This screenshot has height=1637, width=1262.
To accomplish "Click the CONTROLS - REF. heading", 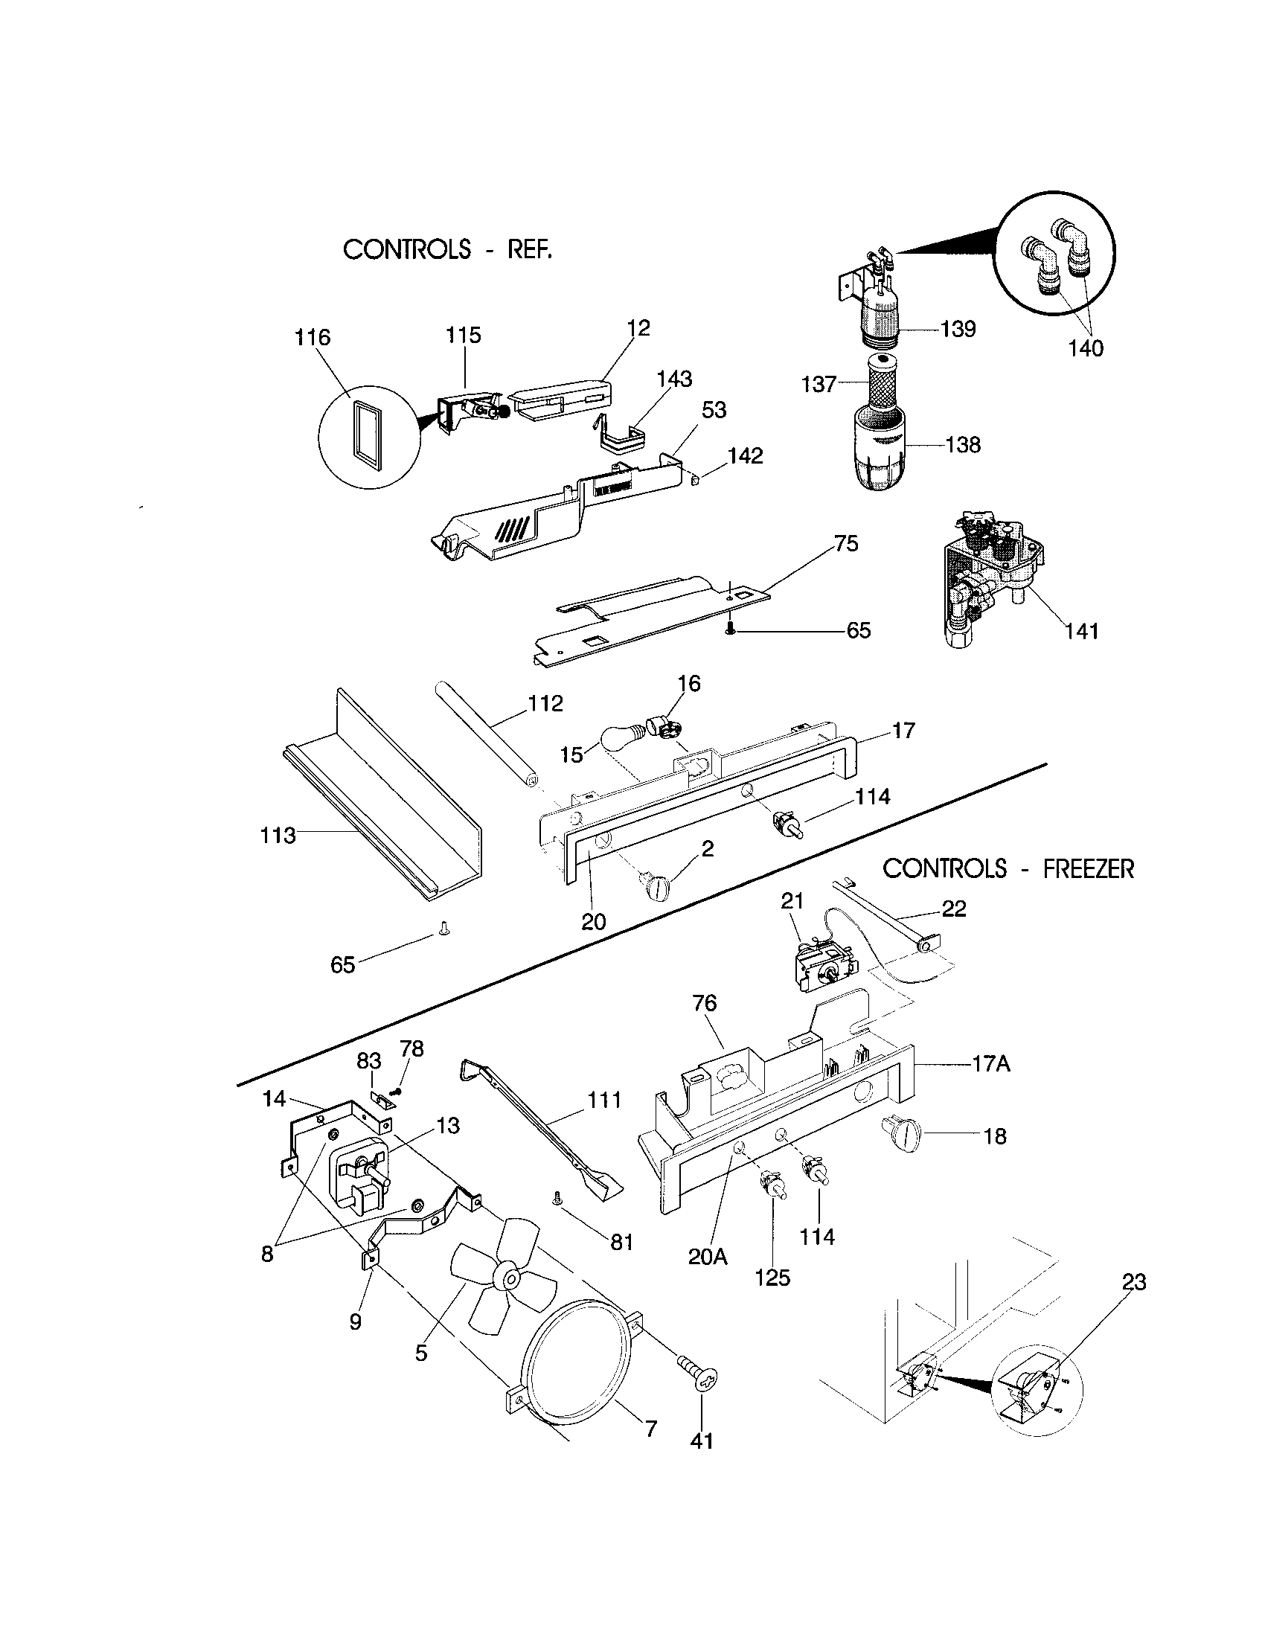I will [447, 249].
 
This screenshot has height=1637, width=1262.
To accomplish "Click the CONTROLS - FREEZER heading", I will [1008, 868].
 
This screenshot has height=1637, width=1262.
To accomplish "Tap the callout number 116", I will [312, 337].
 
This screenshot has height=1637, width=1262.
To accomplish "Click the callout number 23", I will [1134, 1282].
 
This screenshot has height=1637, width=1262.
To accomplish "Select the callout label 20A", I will [708, 1257].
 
